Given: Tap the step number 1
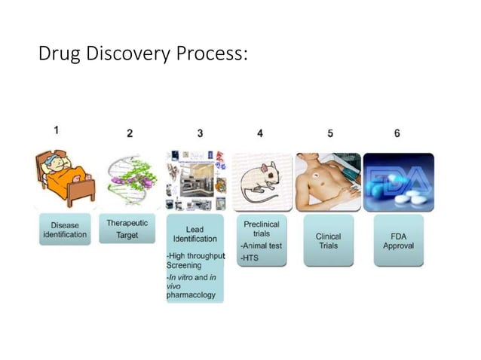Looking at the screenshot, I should click(57, 130).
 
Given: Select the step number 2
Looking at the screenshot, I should click(130, 133).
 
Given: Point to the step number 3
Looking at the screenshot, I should click(200, 133).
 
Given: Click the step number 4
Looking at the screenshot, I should click(260, 133).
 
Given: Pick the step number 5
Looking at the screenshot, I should click(330, 133).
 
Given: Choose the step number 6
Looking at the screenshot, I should click(397, 133).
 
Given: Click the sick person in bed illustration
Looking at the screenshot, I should click(64, 179).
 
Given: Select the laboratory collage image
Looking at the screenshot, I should click(195, 181).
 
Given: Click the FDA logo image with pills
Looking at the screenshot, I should click(398, 181).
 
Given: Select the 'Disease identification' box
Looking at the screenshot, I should click(64, 230).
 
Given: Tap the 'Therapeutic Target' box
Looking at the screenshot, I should click(127, 229).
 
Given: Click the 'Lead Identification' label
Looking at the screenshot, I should click(195, 233).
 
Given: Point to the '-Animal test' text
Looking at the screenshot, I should click(261, 246).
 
